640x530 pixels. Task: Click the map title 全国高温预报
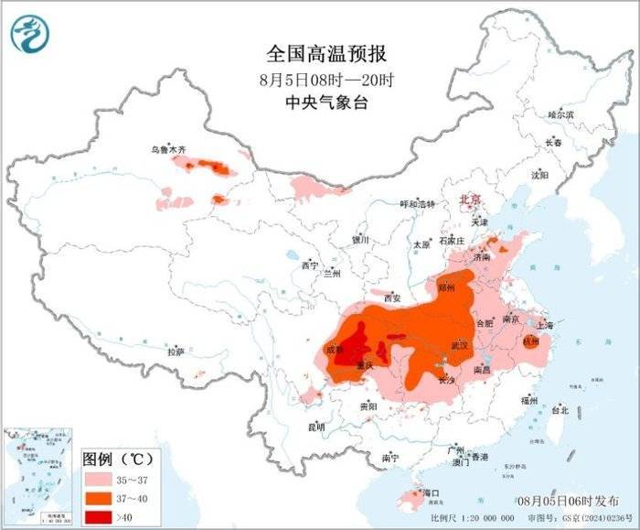coord(320,54)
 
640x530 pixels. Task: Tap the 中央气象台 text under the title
coord(320,102)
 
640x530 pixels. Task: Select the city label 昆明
coord(315,427)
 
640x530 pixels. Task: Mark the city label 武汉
coord(459,346)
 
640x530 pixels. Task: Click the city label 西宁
coord(309,265)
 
